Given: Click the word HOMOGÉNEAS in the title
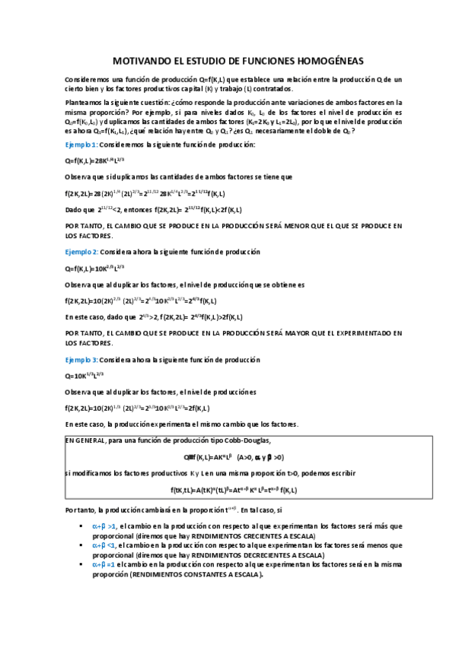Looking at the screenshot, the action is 321,62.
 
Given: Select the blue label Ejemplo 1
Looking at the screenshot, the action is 81,145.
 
